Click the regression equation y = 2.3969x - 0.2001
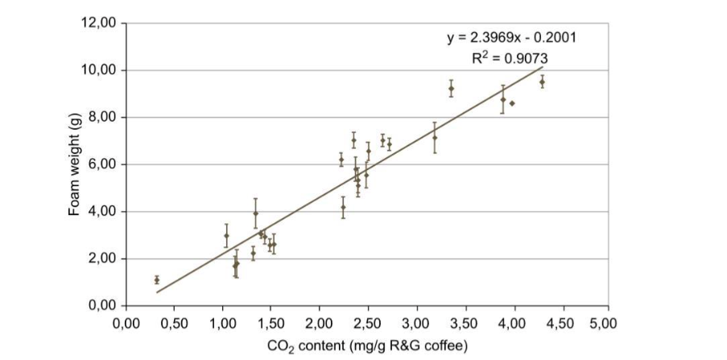[511, 38]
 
